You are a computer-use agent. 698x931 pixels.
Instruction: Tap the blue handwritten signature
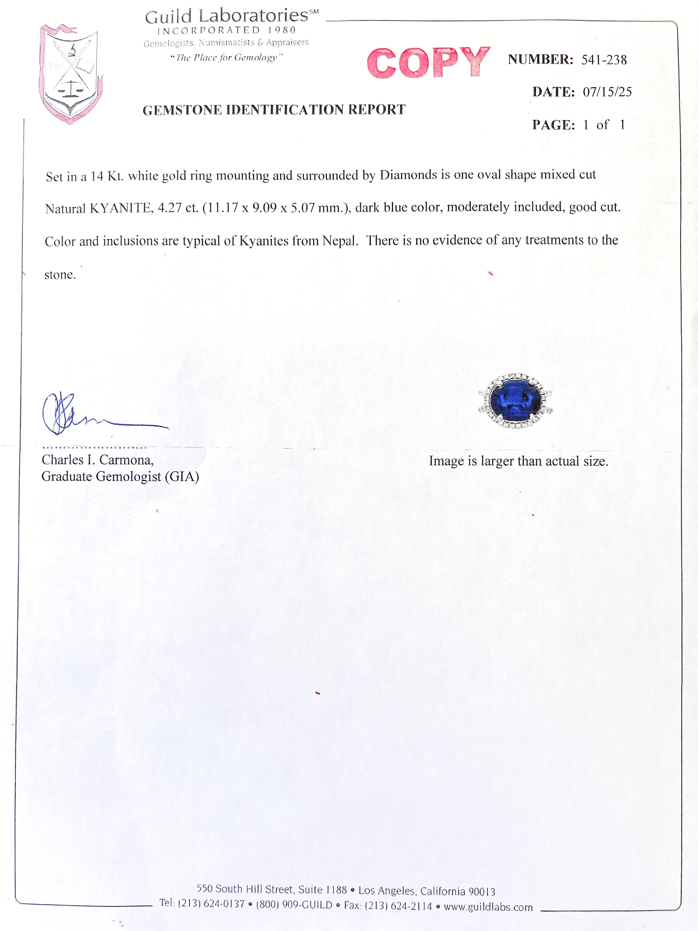pyautogui.click(x=84, y=414)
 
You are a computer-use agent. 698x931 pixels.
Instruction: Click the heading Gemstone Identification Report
pyautogui.click(x=274, y=110)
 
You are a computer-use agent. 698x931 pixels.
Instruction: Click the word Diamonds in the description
pyautogui.click(x=408, y=175)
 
